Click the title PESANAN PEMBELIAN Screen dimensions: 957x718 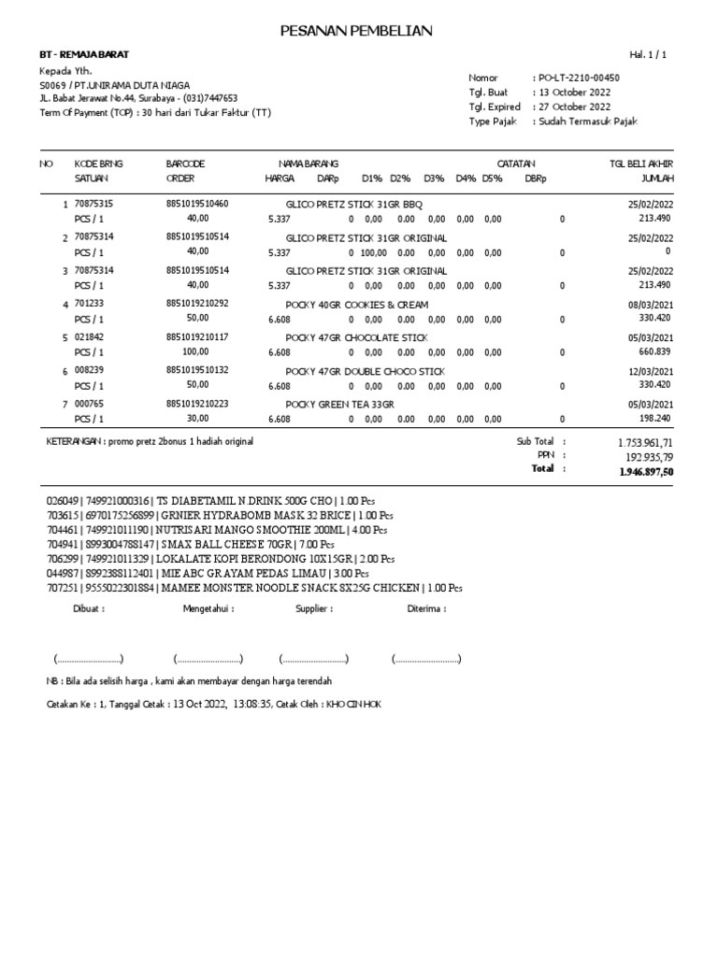pyautogui.click(x=356, y=32)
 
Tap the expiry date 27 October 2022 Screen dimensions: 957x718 pyautogui.click(x=573, y=107)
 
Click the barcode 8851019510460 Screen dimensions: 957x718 pyautogui.click(x=197, y=203)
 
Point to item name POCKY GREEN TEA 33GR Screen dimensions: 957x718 pyautogui.click(x=340, y=404)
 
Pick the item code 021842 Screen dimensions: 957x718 pyautogui.click(x=88, y=337)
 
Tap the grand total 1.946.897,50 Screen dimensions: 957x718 pyautogui.click(x=646, y=472)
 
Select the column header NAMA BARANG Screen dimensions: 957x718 pyautogui.click(x=309, y=164)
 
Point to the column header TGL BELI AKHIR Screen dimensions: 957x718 pyautogui.click(x=640, y=164)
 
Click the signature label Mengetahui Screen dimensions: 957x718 pyautogui.click(x=208, y=608)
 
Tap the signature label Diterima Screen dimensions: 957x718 pyautogui.click(x=426, y=608)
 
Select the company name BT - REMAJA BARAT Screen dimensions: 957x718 pyautogui.click(x=79, y=55)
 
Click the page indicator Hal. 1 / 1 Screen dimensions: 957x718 pyautogui.click(x=651, y=55)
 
